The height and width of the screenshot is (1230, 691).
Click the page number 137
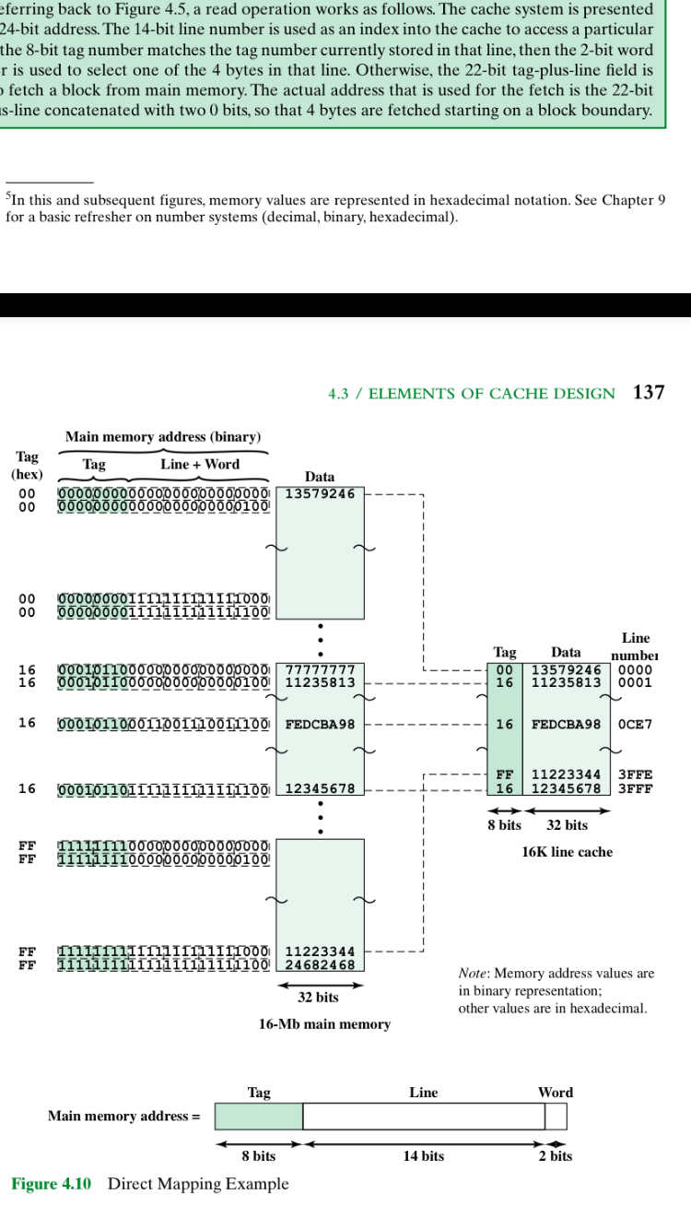point(649,393)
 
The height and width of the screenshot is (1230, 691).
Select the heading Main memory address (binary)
point(163,436)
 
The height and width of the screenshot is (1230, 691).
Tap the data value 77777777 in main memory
point(320,668)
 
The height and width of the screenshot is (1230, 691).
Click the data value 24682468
point(320,965)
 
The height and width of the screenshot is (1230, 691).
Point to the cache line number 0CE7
point(635,725)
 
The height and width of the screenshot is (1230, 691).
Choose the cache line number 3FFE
point(635,775)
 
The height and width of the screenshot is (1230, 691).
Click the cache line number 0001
point(635,683)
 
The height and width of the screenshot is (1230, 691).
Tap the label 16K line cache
point(567,852)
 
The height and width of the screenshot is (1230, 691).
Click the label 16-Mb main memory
point(324,1024)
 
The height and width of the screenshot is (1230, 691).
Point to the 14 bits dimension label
point(423,1156)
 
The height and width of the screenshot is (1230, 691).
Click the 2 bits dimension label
point(556,1156)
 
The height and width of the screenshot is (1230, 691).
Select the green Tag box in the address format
point(259,1116)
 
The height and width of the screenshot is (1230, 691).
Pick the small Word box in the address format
point(556,1116)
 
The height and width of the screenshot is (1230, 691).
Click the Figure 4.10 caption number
point(51,1184)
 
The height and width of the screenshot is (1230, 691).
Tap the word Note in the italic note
point(474,974)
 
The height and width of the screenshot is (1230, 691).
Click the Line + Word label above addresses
point(200,465)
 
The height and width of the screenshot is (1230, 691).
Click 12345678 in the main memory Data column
point(320,788)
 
